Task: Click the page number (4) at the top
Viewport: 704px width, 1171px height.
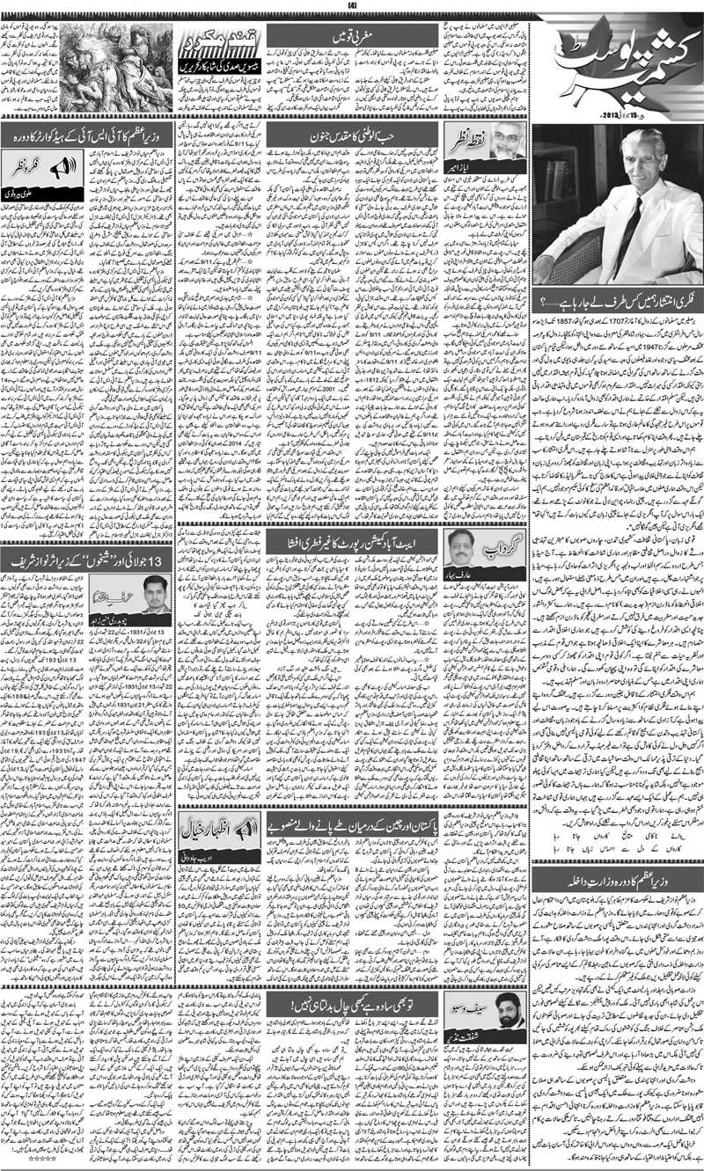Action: point(352,7)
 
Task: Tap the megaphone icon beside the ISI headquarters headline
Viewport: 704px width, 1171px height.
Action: point(68,165)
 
